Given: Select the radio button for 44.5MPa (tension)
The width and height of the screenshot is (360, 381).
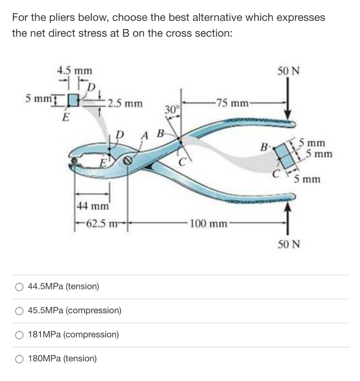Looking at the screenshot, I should click(19, 287).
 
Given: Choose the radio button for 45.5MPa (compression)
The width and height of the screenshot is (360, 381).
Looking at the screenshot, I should click(19, 311).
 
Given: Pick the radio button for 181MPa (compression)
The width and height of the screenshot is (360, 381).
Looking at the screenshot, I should click(19, 334).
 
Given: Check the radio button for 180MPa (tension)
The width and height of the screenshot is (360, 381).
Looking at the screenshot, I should click(19, 359).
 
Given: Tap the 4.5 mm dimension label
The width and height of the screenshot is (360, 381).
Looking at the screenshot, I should click(75, 71).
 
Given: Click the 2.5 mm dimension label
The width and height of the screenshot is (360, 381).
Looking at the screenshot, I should click(124, 103).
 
